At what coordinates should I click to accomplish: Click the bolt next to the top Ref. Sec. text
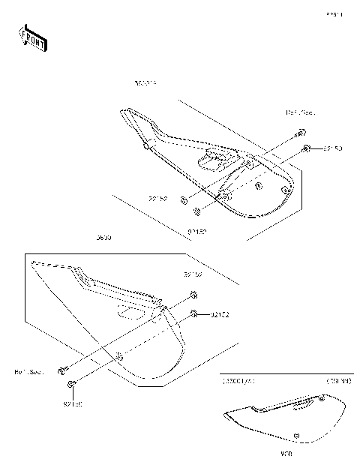pos(298,135)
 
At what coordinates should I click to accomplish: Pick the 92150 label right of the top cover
pos(332,149)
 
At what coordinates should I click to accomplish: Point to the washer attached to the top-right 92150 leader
pos(307,150)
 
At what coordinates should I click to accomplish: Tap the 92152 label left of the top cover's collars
pos(157,199)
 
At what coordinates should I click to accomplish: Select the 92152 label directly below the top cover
pos(196,232)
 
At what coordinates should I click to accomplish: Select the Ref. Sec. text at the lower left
pos(28,370)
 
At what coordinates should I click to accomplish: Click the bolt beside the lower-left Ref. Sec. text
pos(64,368)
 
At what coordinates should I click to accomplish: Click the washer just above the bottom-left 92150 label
pos(71,385)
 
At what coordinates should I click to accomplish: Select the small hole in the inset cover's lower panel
pos(296,435)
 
